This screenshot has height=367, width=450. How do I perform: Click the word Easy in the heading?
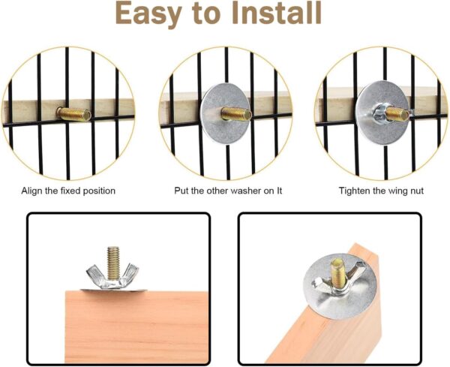[148, 13]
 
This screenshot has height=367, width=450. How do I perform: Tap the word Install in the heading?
[277, 12]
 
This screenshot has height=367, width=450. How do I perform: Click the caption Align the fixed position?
[68, 191]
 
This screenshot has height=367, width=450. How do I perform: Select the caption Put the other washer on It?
[228, 191]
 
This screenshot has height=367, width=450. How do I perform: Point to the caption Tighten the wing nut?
[381, 191]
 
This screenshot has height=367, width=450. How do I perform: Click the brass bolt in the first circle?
[73, 113]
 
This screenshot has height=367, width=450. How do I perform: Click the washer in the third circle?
[382, 113]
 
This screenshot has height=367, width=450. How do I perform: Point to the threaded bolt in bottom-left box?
[113, 263]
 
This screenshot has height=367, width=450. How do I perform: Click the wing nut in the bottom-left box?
[112, 275]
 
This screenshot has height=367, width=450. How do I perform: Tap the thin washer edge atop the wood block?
[113, 290]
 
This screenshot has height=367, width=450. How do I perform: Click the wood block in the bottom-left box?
[136, 327]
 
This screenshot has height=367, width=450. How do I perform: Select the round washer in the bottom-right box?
[340, 286]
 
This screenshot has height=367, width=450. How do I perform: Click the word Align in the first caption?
[31, 191]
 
